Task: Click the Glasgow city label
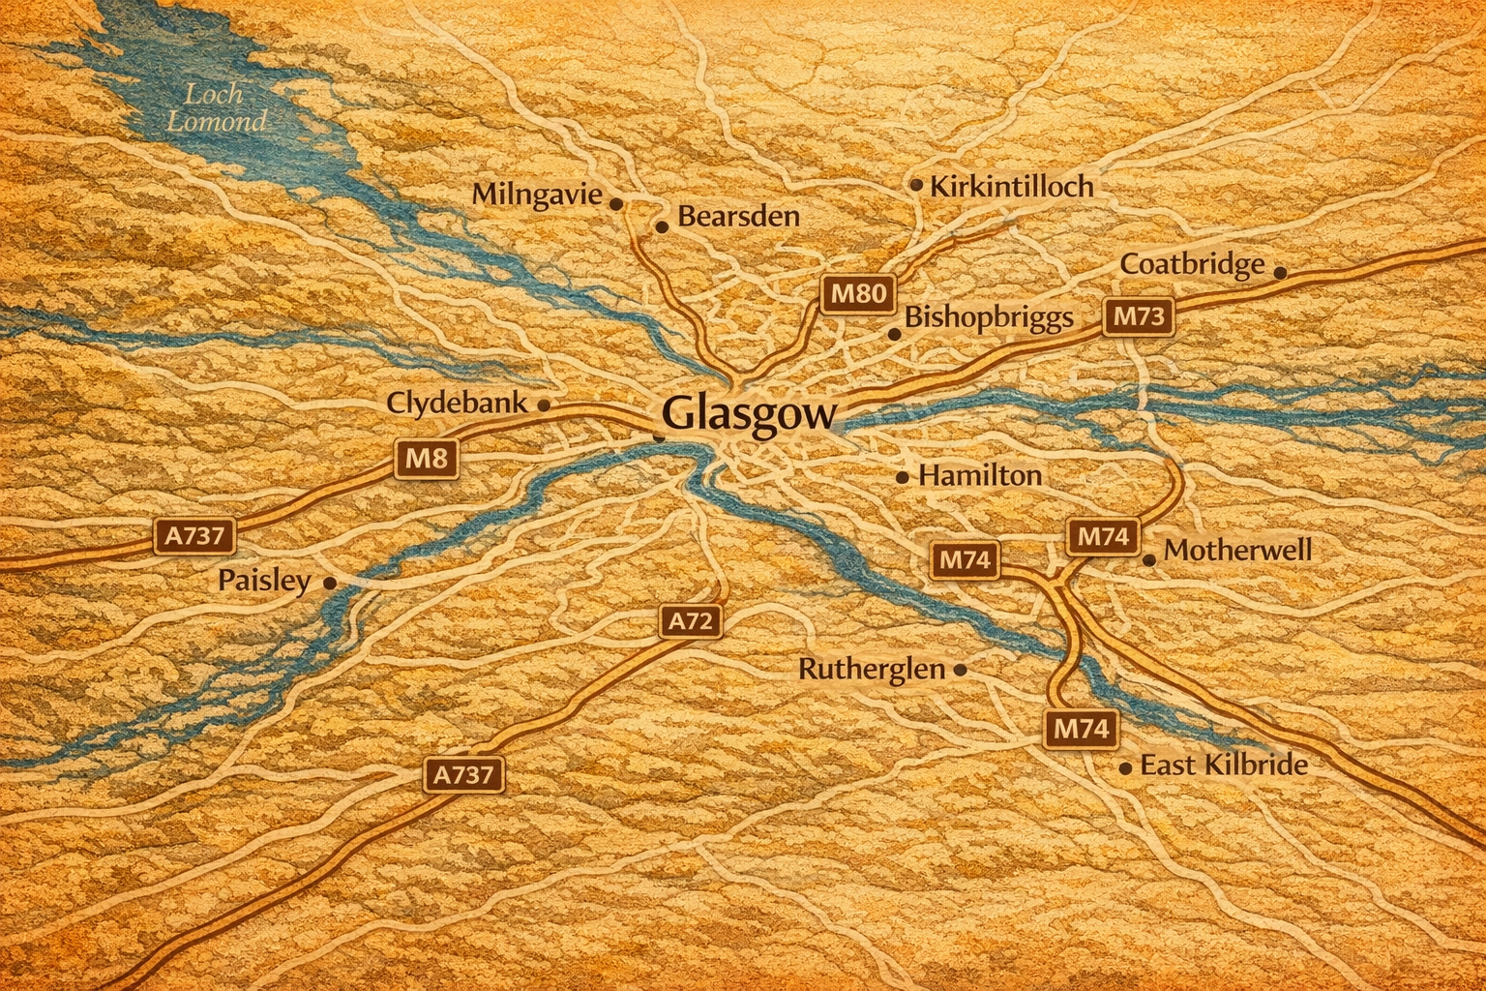tap(749, 414)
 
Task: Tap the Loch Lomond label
tap(215, 107)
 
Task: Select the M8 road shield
tap(426, 458)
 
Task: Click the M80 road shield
tap(858, 292)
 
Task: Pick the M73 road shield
tap(1139, 316)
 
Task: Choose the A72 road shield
tap(691, 620)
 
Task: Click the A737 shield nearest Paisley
tap(194, 535)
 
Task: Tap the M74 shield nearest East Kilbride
tap(1081, 728)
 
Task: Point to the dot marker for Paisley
tap(330, 583)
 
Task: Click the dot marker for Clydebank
tap(544, 405)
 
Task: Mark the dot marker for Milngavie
tap(615, 203)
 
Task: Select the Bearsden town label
tap(738, 216)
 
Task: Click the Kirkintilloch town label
tap(1011, 186)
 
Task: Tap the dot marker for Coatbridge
tap(1280, 273)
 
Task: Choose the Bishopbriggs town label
tap(988, 317)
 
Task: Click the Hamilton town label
tap(979, 475)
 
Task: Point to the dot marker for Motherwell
tap(1149, 559)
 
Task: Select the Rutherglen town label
tap(871, 669)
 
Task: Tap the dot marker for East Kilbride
tap(1125, 768)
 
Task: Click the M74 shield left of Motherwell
tap(1103, 536)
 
